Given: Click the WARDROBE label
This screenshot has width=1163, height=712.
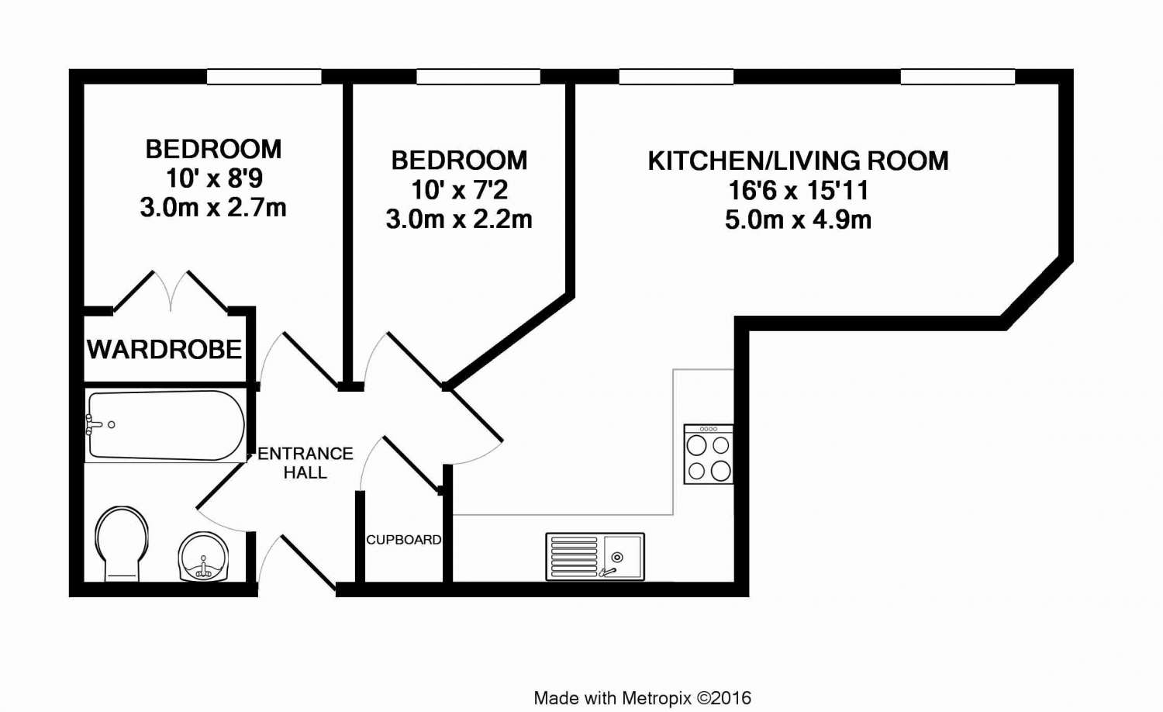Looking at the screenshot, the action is pyautogui.click(x=164, y=349).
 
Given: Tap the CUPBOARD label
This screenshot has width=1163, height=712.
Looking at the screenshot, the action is pyautogui.click(x=404, y=540).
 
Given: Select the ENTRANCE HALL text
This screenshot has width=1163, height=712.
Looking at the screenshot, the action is pyautogui.click(x=305, y=463).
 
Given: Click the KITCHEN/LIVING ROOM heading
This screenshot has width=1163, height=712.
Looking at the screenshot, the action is pyautogui.click(x=798, y=161).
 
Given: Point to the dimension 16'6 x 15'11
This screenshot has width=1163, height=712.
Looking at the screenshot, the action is pyautogui.click(x=798, y=190).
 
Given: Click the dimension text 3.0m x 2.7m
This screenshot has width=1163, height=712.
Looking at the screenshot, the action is pyautogui.click(x=213, y=208).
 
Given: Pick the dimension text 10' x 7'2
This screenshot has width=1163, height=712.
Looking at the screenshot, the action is pyautogui.click(x=459, y=189).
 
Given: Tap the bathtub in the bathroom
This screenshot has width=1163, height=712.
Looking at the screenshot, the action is pyautogui.click(x=165, y=426).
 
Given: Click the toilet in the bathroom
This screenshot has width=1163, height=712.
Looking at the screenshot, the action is pyautogui.click(x=122, y=544).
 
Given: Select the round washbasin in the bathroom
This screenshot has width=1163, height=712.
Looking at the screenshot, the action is pyautogui.click(x=203, y=556).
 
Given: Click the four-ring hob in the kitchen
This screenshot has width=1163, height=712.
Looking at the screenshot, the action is pyautogui.click(x=708, y=454).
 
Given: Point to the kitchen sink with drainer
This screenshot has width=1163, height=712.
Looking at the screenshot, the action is pyautogui.click(x=595, y=556).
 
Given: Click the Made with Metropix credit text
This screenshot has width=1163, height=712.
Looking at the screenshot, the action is pyautogui.click(x=642, y=698).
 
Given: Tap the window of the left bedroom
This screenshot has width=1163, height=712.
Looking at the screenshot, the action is pyautogui.click(x=264, y=77).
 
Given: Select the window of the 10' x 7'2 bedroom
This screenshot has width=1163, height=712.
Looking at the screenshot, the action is pyautogui.click(x=478, y=77).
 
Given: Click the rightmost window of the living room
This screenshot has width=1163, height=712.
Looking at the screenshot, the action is pyautogui.click(x=958, y=77).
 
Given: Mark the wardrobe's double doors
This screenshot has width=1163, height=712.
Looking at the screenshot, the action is pyautogui.click(x=171, y=291).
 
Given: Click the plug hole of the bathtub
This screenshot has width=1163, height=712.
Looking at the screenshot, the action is pyautogui.click(x=111, y=425).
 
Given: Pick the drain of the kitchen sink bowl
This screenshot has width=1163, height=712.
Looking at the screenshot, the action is pyautogui.click(x=617, y=557).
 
